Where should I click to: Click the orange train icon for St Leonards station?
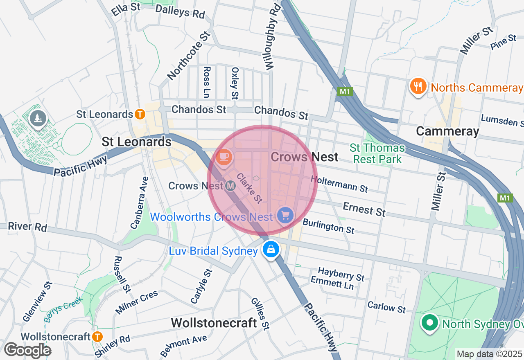[140, 114]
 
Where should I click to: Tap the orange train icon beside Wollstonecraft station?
[97, 337]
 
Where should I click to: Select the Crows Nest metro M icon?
[230, 186]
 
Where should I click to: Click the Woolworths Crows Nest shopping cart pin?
[285, 215]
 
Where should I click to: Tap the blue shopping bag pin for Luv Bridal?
[271, 248]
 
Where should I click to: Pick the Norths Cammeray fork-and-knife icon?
[418, 86]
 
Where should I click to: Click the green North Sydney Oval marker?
[429, 323]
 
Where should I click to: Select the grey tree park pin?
[38, 119]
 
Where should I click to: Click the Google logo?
[27, 351]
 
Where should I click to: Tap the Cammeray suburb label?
[447, 131]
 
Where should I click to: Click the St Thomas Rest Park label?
[377, 153]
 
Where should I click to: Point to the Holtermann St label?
[339, 184]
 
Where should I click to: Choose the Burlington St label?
[328, 226]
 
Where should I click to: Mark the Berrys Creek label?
[63, 309]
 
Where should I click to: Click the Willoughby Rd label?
[272, 37]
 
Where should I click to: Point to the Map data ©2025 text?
[489, 354]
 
